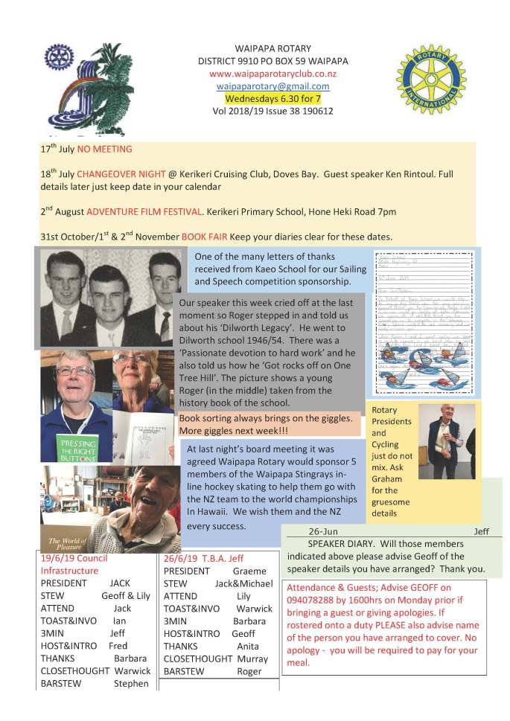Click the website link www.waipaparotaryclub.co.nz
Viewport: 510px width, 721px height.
pyautogui.click(x=273, y=74)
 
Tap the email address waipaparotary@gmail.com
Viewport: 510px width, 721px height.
pyautogui.click(x=272, y=86)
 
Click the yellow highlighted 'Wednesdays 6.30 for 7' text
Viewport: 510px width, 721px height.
pyautogui.click(x=272, y=98)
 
